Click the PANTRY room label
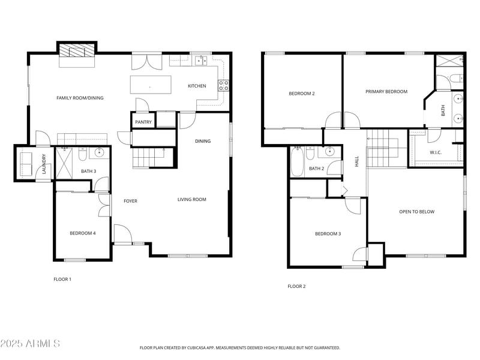[143, 122]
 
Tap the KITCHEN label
[197, 86]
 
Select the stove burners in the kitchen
[223, 85]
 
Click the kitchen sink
[201, 61]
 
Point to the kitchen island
[151, 85]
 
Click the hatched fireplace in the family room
[77, 50]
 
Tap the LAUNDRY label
[44, 164]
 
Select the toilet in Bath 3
[83, 154]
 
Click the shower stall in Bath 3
[64, 163]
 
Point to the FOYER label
[130, 201]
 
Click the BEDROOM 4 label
[83, 233]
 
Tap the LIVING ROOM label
[192, 200]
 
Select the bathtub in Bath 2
[296, 161]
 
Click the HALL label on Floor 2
[356, 161]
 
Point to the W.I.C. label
[436, 152]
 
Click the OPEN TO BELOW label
[416, 212]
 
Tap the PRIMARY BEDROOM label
[386, 92]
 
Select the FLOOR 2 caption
[296, 287]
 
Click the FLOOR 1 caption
[62, 279]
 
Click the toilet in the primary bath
[456, 79]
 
